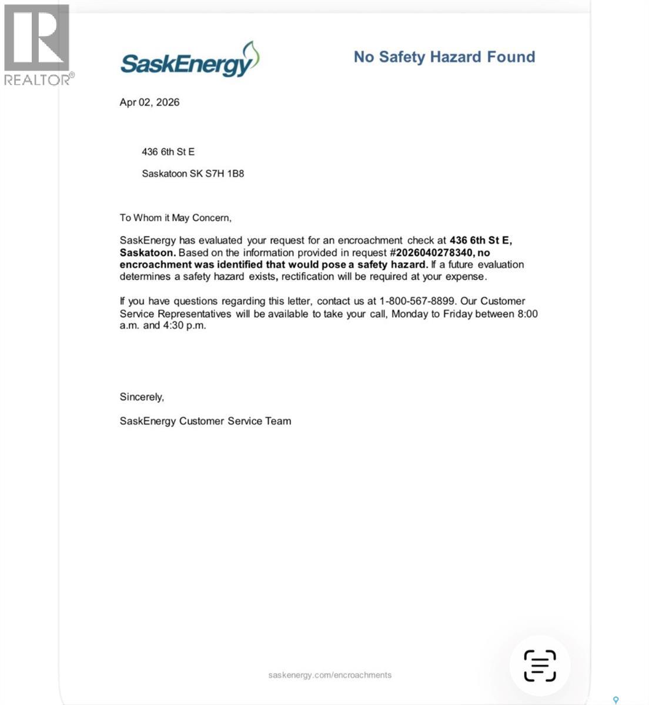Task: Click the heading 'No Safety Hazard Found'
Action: coord(444,57)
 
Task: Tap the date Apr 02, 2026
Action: coord(149,102)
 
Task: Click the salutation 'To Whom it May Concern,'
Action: coord(176,218)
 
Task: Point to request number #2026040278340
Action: coord(431,253)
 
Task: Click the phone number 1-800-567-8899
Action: coord(417,301)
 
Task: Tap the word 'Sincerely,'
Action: coord(142,397)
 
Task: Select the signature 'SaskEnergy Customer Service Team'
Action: coord(205,421)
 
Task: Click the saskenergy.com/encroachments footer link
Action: coord(330,675)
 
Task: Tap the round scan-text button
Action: coord(540,666)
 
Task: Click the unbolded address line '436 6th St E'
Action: coord(168,152)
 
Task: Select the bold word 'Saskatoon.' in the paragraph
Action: coord(148,253)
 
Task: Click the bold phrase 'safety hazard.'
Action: coord(392,264)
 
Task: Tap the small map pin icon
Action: coord(616,700)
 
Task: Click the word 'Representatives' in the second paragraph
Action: coord(194,314)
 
